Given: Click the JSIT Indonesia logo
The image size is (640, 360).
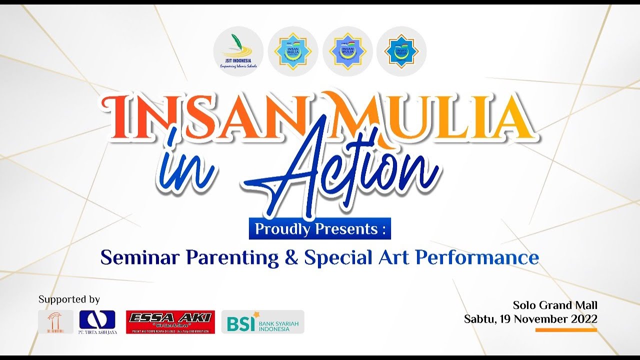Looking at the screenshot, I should pos(238,51).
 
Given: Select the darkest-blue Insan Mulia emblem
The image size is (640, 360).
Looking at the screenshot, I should pos(401,51).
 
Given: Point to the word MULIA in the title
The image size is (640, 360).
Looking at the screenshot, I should pos(425,116).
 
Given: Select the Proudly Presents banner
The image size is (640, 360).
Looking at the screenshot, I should pos(320,228).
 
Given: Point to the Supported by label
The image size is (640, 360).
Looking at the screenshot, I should pos(69,299).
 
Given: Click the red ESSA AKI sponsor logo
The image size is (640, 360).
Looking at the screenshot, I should pos(170,322).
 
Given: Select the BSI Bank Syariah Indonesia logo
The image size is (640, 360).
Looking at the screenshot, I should pos(263,322).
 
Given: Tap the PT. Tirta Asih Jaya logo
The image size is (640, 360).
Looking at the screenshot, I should pos(97,322).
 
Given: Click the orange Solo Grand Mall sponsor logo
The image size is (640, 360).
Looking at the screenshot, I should pos(55,322).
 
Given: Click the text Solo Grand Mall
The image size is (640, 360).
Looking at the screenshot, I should pos(555,305).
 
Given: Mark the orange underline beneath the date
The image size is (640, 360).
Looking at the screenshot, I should pos(566,330).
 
